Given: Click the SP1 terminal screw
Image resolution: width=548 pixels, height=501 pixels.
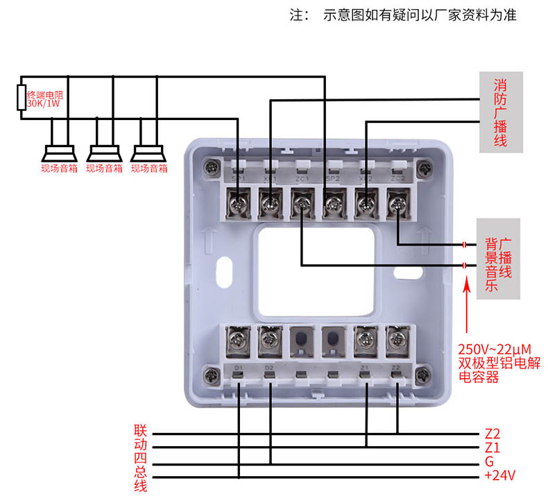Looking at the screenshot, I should click(239, 203).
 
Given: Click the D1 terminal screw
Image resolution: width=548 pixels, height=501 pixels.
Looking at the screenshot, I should click(239, 339).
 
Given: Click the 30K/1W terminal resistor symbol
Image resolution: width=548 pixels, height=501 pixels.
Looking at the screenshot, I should click(21, 97).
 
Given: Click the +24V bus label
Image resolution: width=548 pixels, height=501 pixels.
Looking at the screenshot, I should click(499, 477).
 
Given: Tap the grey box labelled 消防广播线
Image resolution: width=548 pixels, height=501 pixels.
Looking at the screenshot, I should click(499, 112).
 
